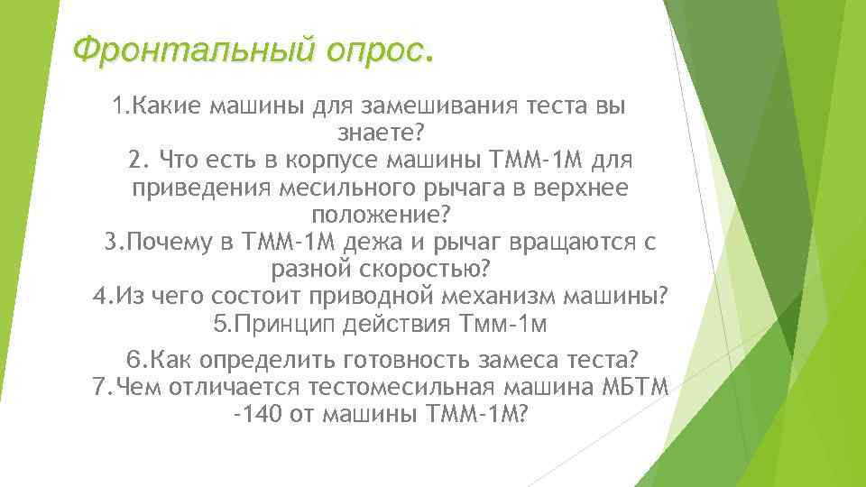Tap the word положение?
click(x=380, y=216)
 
